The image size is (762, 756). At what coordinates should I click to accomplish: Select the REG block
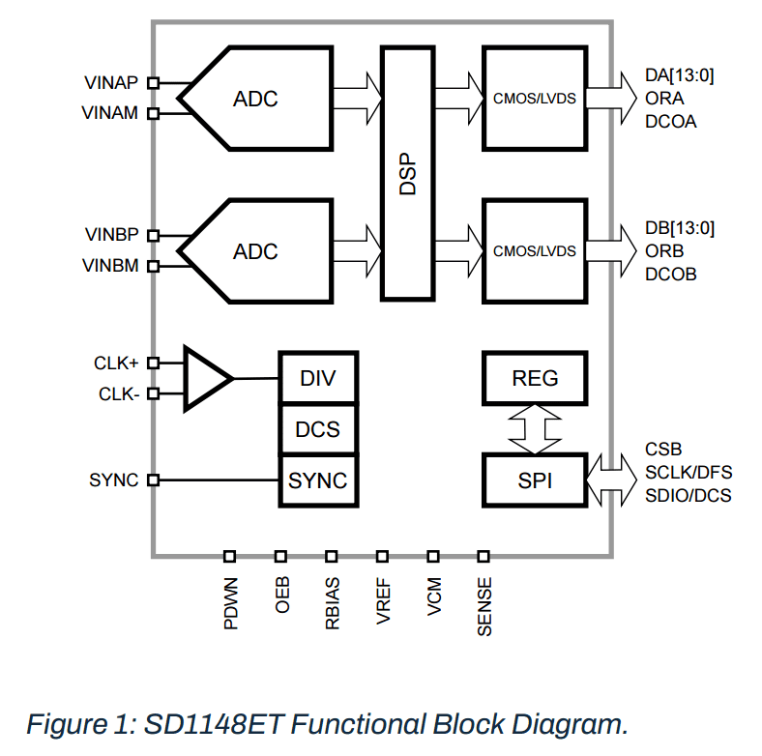click(x=535, y=378)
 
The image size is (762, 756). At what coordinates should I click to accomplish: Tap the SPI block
click(x=535, y=480)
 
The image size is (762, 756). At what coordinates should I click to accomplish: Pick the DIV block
click(x=317, y=378)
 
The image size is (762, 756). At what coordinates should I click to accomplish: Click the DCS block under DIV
click(x=317, y=429)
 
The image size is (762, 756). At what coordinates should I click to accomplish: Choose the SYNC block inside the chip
click(x=317, y=480)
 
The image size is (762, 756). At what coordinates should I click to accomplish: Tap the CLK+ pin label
click(x=116, y=363)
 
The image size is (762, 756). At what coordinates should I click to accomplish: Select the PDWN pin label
click(x=231, y=604)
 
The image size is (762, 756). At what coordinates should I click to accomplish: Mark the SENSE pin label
click(x=485, y=606)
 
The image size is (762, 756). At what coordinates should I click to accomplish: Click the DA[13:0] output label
click(x=679, y=75)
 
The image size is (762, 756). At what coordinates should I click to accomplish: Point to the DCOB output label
click(x=671, y=274)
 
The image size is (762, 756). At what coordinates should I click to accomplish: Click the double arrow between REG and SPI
click(x=535, y=429)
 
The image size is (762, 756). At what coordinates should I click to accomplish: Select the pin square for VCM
click(x=433, y=556)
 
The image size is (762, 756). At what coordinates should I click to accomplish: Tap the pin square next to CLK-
click(x=153, y=394)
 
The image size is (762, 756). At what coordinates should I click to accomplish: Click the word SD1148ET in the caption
click(x=206, y=723)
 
